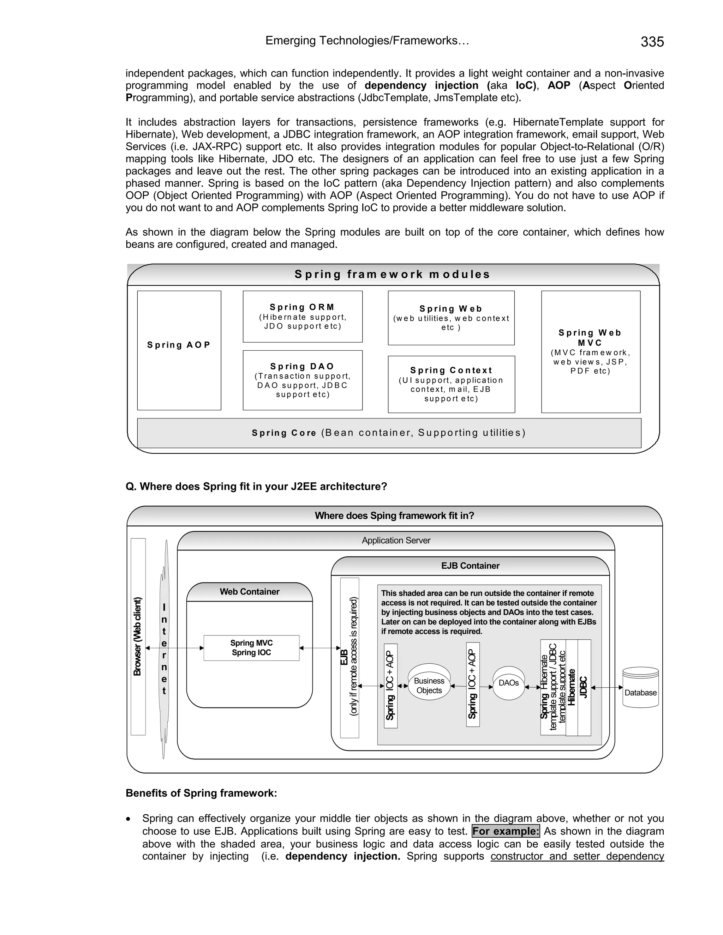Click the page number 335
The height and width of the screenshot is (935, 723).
[652, 42]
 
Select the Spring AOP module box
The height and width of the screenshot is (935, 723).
[179, 350]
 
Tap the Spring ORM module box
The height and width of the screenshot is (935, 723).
[303, 316]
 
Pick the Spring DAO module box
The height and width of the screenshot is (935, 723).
[303, 380]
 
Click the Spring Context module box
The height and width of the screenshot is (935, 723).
[451, 384]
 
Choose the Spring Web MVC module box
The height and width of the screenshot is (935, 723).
[590, 351]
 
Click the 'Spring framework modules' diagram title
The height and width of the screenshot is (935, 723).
[392, 275]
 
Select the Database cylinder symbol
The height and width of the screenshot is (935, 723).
[640, 687]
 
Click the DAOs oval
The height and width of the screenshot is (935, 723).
[508, 683]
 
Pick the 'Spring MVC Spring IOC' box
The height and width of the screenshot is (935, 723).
[251, 648]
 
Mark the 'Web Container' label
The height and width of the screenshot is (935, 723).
[249, 592]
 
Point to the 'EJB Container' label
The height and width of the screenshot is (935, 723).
[470, 566]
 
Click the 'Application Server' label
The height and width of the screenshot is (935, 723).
[396, 541]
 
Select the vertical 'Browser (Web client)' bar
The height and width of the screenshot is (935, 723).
[138, 637]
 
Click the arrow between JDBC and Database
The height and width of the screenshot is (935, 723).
[607, 688]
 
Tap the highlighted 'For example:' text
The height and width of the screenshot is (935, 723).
[506, 831]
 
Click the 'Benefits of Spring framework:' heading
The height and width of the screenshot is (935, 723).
[201, 793]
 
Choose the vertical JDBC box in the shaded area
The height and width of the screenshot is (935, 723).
[584, 688]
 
